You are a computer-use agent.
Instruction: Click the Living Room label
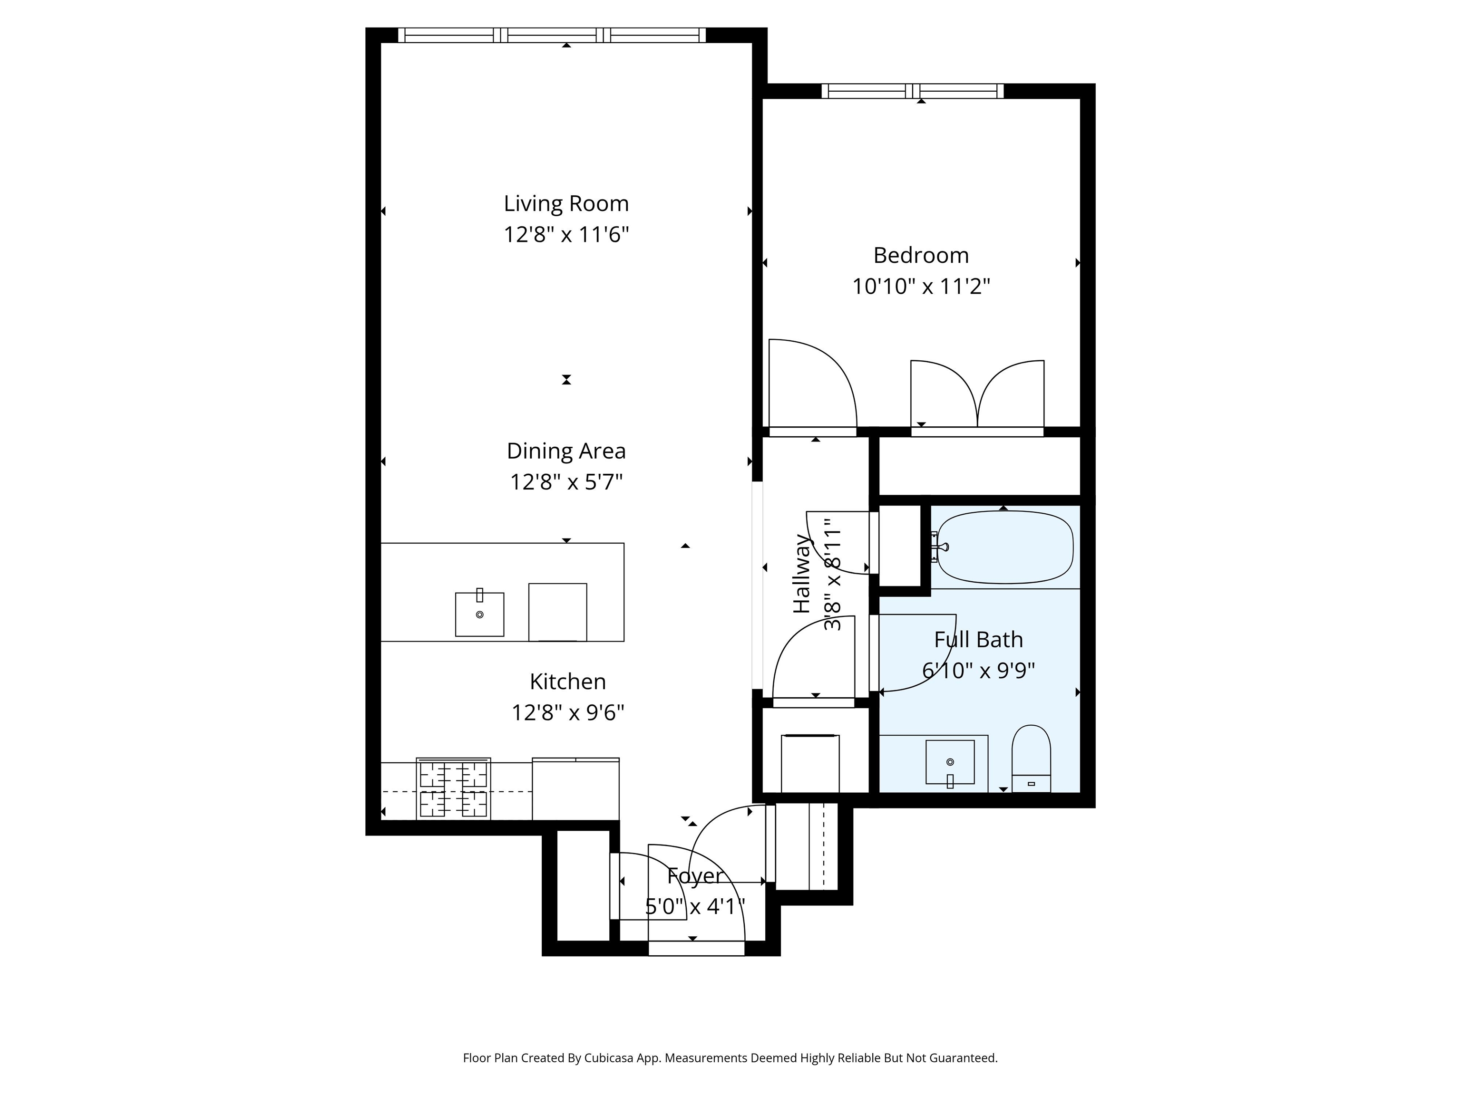click(566, 204)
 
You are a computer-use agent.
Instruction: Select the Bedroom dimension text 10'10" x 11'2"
click(921, 287)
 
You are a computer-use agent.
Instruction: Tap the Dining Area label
click(566, 451)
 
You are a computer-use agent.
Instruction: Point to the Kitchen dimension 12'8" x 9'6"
click(567, 713)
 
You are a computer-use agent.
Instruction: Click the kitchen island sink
click(479, 614)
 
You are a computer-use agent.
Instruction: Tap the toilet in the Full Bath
click(1031, 759)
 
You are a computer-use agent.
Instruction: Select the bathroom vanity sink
click(950, 763)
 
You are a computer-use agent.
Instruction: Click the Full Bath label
click(978, 640)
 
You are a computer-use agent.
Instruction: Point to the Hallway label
click(802, 574)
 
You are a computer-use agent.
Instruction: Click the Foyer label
click(695, 876)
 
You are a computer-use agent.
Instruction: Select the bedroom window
click(912, 91)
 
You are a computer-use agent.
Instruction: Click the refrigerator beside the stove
click(575, 789)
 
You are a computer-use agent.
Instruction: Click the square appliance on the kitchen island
click(557, 612)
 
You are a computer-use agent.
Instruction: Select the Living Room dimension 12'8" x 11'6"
click(566, 234)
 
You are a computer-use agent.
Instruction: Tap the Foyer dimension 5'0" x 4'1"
click(695, 907)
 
